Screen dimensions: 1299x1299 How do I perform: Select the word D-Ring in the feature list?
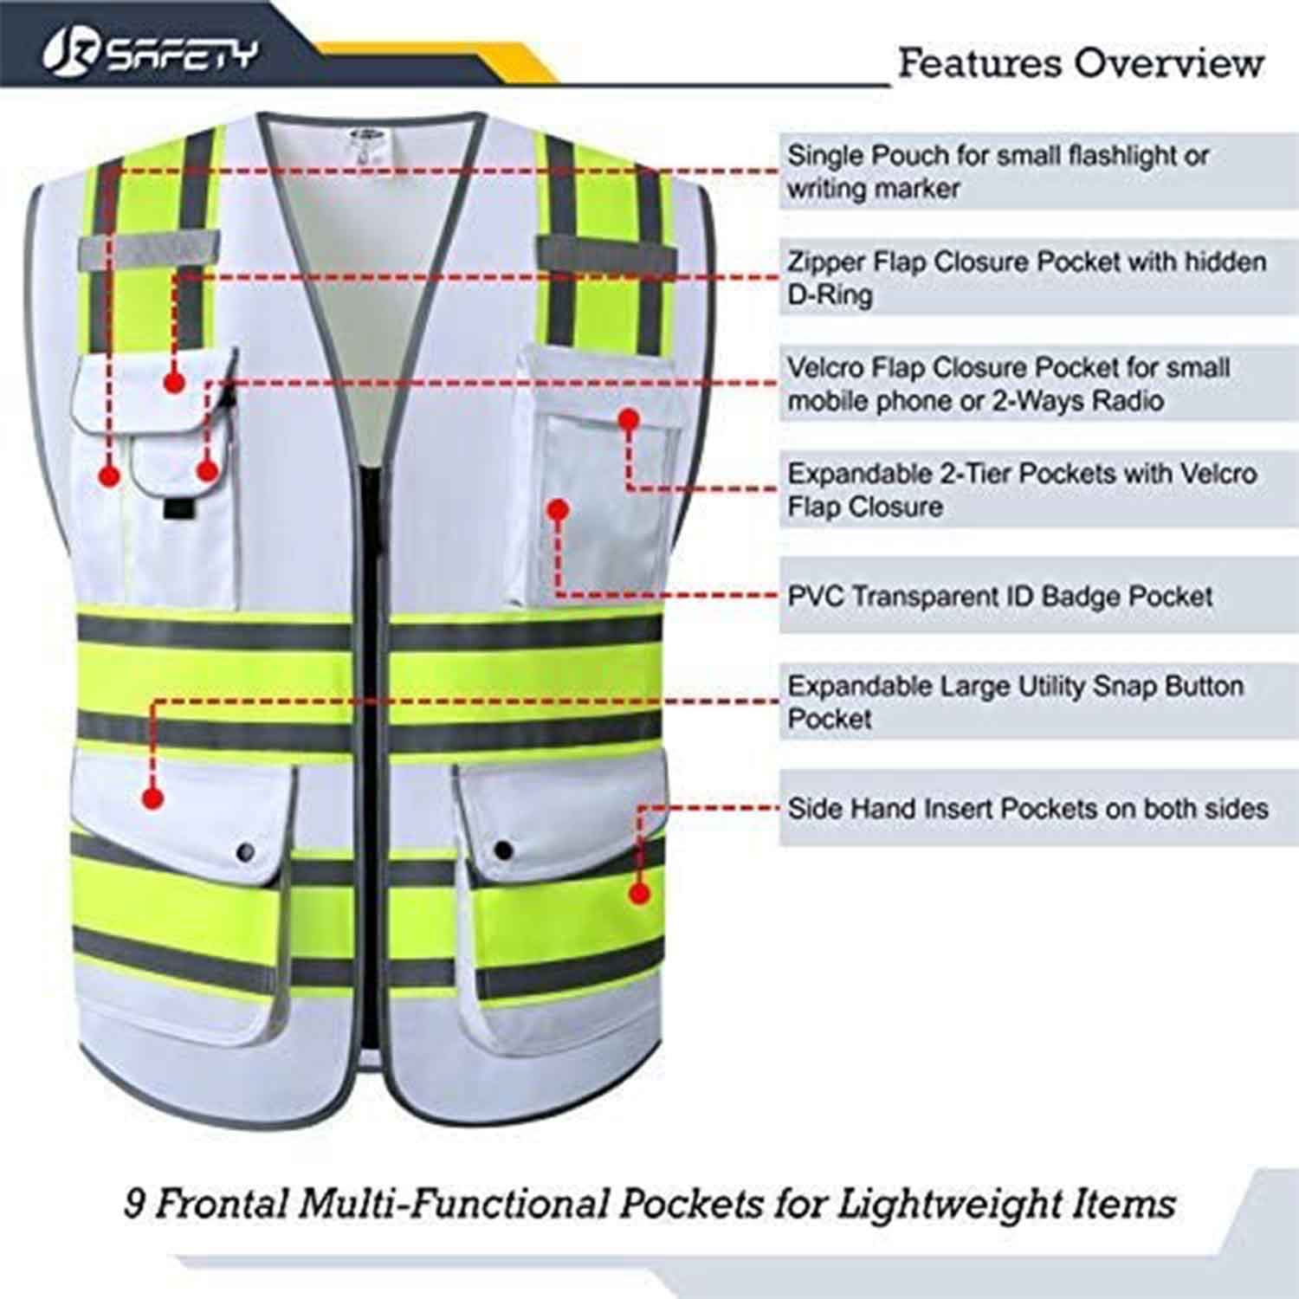829,295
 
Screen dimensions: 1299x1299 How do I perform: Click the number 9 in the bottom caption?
135,1203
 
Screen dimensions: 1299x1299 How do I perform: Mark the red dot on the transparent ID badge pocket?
559,509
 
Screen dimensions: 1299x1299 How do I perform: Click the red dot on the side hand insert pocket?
639,893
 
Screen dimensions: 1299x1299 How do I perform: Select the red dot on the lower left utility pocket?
152,798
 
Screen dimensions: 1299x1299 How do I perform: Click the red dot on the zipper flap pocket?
175,381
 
